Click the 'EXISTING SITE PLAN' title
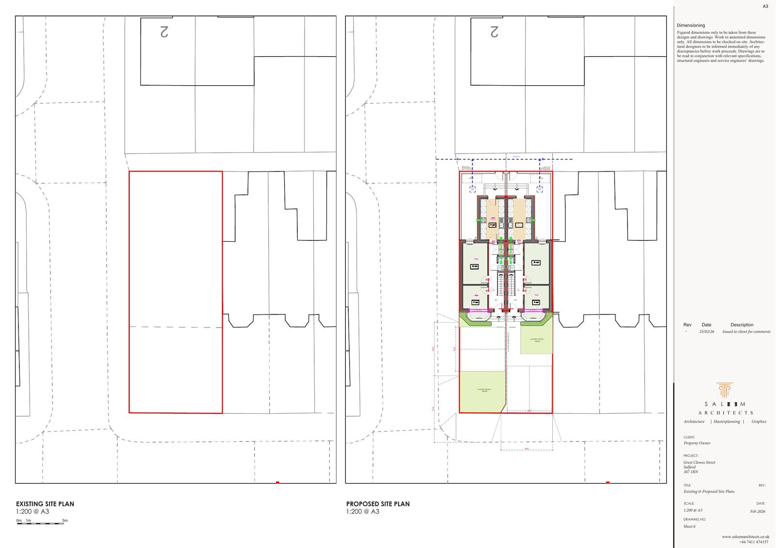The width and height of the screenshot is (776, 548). pos(45,504)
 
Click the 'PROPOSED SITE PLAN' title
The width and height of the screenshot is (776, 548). pos(378,504)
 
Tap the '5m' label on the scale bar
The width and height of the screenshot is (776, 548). pos(65,521)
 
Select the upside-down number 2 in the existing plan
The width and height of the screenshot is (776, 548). pos(164,32)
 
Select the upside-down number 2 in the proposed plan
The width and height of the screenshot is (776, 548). pos(494,32)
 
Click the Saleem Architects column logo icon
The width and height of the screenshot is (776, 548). pos(725,390)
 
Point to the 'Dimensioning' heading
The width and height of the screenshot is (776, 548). pos(691,25)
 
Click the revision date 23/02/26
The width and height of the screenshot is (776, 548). pos(707,332)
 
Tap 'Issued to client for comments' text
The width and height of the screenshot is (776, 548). pos(746,332)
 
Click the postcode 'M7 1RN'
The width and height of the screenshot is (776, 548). pos(691,472)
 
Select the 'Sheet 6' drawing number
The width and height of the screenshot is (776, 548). pos(689,526)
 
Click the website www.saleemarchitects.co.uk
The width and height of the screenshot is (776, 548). pos(745,537)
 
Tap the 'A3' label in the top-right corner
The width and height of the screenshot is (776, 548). pos(765,6)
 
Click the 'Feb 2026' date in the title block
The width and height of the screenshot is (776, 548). pos(758,512)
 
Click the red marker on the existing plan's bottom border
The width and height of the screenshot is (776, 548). pos(277,482)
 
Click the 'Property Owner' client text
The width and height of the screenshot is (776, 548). pos(697,443)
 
